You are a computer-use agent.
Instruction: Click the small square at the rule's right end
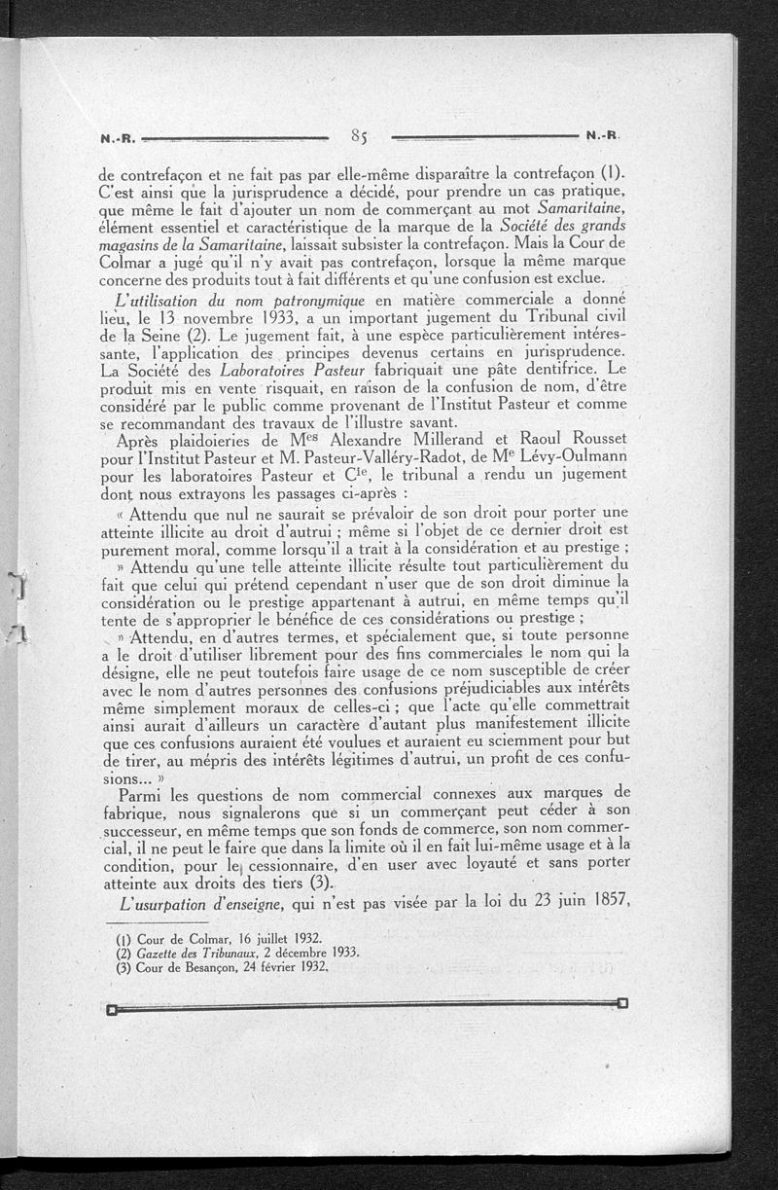(622, 1002)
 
